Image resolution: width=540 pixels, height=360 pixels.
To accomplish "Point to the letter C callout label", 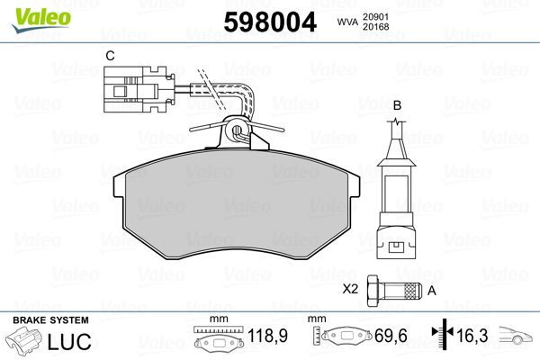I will pyautogui.click(x=110, y=56).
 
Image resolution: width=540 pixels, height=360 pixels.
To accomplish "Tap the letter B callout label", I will pyautogui.click(x=396, y=105).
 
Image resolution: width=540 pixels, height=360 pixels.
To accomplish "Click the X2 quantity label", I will pyautogui.click(x=351, y=290).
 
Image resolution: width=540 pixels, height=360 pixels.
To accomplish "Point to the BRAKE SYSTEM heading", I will pyautogui.click(x=50, y=320).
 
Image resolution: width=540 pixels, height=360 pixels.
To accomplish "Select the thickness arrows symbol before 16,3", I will pyautogui.click(x=442, y=336).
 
